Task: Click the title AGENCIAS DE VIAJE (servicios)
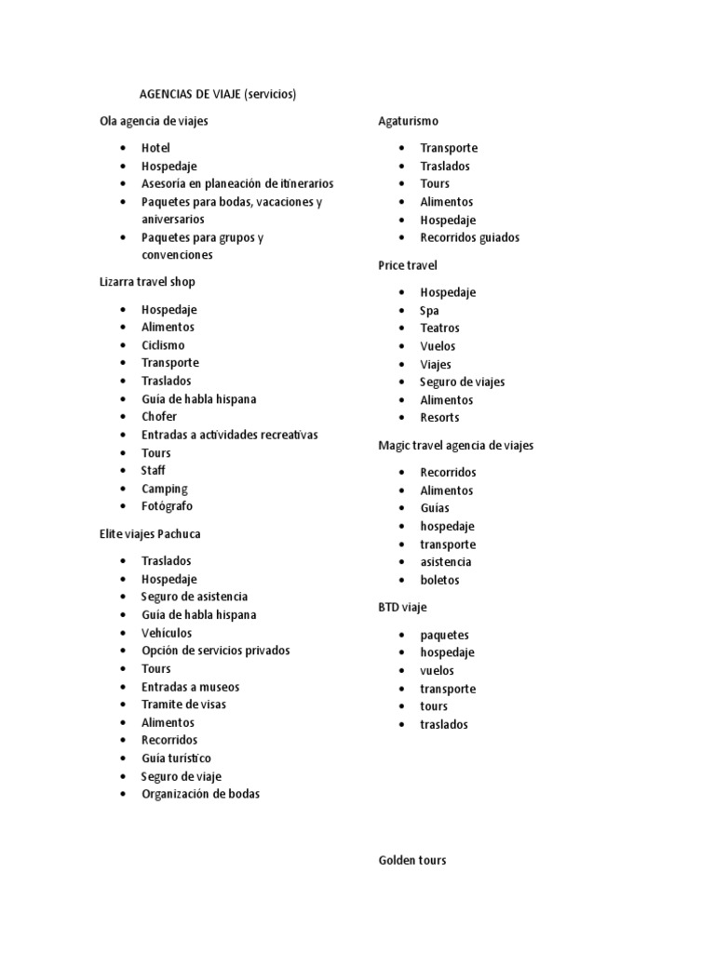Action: (217, 94)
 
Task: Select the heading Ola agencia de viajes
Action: (154, 121)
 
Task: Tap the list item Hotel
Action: (155, 148)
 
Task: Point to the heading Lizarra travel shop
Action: (147, 281)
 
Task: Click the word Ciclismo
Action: (163, 345)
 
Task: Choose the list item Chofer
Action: (158, 417)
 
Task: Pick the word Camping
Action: (164, 489)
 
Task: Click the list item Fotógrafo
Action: (167, 506)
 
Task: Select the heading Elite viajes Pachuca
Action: (150, 534)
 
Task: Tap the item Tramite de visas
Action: (183, 705)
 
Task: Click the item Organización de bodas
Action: (200, 794)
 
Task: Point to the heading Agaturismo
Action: (408, 121)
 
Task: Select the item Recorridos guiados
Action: (469, 237)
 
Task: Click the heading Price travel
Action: (408, 265)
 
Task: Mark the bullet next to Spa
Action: (401, 311)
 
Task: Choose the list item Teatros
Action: (439, 328)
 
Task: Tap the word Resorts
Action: (439, 418)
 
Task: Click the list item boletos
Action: (439, 580)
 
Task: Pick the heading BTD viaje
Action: (402, 608)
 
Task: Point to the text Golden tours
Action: (411, 860)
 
